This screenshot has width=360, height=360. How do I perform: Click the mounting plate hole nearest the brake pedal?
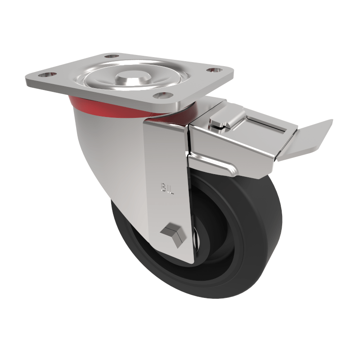point(212,70)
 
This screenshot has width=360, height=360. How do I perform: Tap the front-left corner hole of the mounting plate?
point(45,73)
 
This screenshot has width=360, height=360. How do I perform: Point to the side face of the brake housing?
point(234,144)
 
